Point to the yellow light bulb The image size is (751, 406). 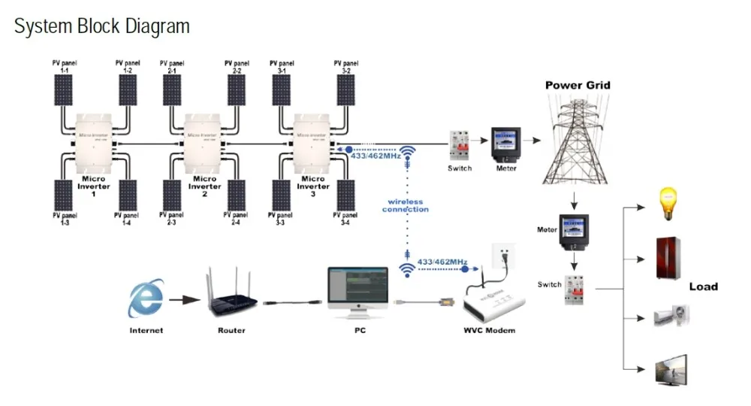pos(668,204)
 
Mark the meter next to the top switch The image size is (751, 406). pos(505,143)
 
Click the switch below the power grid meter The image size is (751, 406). pos(575,288)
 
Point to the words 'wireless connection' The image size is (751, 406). pos(406,205)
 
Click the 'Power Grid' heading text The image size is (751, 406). pos(578,86)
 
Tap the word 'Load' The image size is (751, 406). pos(704,286)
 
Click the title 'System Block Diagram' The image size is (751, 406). pos(102,27)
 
